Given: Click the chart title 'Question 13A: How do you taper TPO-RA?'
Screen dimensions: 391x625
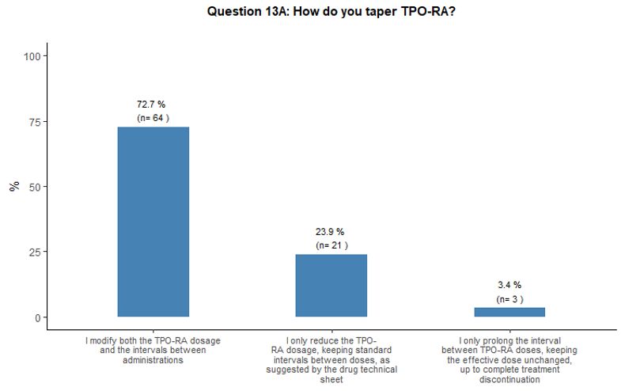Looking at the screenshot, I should [330, 13].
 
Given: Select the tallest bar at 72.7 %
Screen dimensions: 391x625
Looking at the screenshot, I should [153, 222].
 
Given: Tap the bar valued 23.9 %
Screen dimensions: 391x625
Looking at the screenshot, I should [331, 285].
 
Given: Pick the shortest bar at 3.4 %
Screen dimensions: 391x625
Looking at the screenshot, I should [509, 312].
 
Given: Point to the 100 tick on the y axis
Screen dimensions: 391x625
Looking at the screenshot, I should [34, 56].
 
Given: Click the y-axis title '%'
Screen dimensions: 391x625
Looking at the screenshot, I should [13, 187].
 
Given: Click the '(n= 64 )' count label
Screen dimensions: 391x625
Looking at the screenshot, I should [153, 118].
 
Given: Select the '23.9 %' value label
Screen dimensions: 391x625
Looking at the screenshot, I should [331, 232].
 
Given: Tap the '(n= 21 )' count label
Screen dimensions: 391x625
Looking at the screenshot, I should [331, 245].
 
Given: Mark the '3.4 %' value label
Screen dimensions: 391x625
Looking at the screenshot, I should [509, 285].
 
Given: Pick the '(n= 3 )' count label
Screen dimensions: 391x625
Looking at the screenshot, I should [509, 299].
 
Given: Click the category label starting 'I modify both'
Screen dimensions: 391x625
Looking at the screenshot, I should [153, 350].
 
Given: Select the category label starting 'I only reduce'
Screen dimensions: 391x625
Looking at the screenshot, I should [331, 359].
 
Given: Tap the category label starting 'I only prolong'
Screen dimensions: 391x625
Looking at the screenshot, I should [509, 359].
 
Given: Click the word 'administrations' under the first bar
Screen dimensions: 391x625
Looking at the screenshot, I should [153, 359].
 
